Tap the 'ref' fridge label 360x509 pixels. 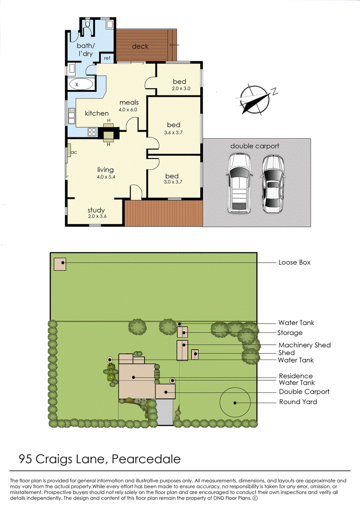(107, 58)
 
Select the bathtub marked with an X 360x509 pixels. (81, 84)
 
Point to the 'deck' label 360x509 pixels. (140, 46)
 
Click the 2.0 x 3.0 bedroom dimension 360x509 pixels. (181, 88)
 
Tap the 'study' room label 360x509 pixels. (96, 210)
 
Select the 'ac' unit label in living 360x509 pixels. (74, 152)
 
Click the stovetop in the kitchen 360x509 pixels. (92, 132)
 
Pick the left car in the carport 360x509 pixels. (239, 183)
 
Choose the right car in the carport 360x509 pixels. (273, 184)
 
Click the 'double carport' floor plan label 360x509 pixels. (255, 146)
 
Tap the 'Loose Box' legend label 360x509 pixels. (294, 262)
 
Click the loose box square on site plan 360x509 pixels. (60, 264)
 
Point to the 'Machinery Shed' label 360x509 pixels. (305, 345)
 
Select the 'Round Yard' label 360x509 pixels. (298, 402)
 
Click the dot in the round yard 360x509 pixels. (235, 403)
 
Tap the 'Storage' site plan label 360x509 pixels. (290, 333)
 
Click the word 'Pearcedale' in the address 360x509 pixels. (146, 459)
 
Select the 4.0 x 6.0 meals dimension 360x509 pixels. (128, 110)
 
